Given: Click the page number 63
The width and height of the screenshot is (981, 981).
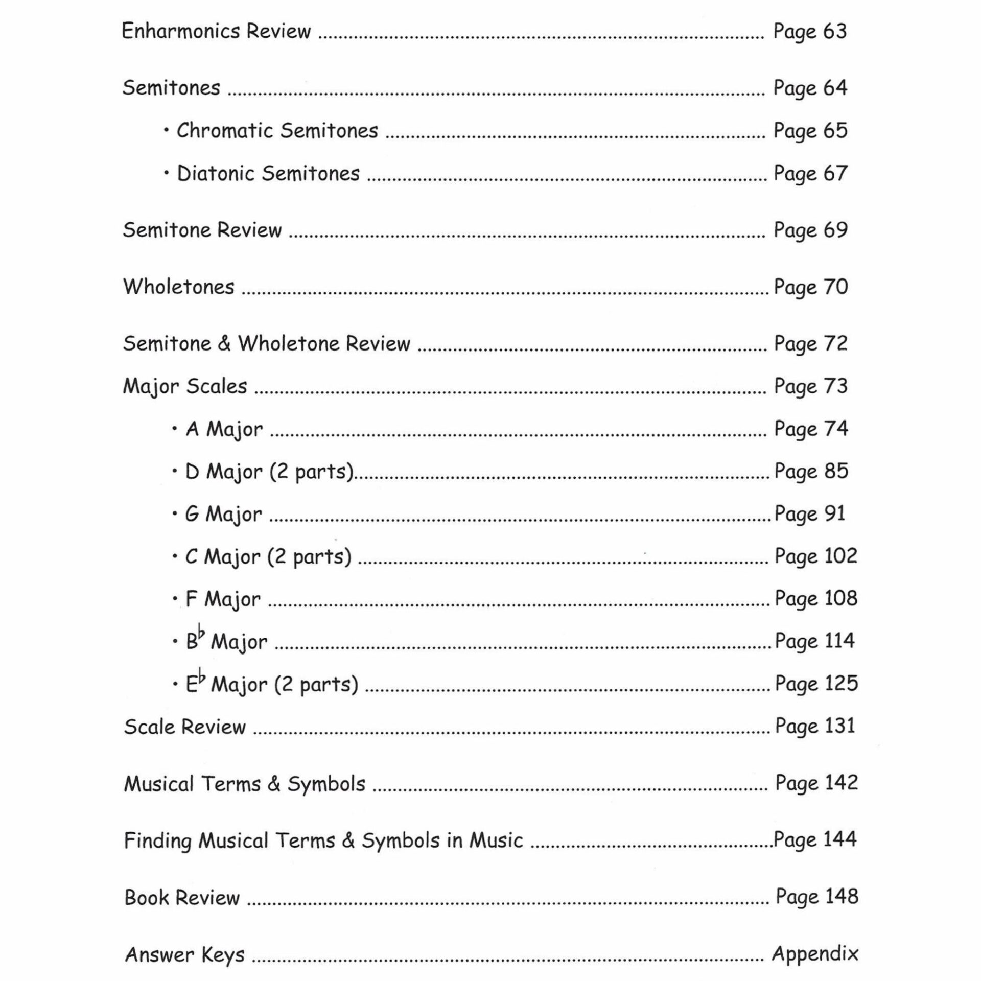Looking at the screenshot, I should pyautogui.click(x=835, y=31).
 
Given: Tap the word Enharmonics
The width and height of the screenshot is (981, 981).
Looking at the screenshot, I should pyautogui.click(x=180, y=31).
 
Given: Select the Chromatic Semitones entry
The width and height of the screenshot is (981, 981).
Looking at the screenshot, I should pyautogui.click(x=277, y=131).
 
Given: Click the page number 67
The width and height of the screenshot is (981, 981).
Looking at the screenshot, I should pyautogui.click(x=835, y=173).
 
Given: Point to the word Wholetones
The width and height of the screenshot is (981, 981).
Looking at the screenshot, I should pyautogui.click(x=179, y=287).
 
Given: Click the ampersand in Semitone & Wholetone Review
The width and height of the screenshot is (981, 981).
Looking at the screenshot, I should pyautogui.click(x=224, y=343).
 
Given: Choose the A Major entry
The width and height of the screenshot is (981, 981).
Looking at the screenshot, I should pyautogui.click(x=224, y=429).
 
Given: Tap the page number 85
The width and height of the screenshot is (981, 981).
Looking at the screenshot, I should pyautogui.click(x=836, y=471).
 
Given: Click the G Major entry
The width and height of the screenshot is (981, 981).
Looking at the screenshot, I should pyautogui.click(x=223, y=514).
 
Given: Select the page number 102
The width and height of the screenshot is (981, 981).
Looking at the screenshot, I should pyautogui.click(x=841, y=556).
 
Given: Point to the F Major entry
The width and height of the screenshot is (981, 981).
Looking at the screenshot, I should pyautogui.click(x=223, y=599).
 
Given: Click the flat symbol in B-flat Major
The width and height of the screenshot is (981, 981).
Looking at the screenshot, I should pyautogui.click(x=202, y=634).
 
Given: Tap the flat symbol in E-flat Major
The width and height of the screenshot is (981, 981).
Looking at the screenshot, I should pyautogui.click(x=202, y=677).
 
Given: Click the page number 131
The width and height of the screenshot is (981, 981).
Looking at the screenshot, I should pyautogui.click(x=840, y=726).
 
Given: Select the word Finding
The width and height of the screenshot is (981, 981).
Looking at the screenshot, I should pyautogui.click(x=157, y=841).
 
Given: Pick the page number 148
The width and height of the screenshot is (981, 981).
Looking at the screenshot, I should pyautogui.click(x=842, y=896).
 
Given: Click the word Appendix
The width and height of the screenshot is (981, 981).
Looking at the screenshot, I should pyautogui.click(x=815, y=953).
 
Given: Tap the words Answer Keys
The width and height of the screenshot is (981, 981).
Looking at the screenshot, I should pyautogui.click(x=185, y=954).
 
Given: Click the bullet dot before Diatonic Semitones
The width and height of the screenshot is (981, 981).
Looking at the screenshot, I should pyautogui.click(x=167, y=173).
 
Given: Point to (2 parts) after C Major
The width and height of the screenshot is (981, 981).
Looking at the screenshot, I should pyautogui.click(x=310, y=556).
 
